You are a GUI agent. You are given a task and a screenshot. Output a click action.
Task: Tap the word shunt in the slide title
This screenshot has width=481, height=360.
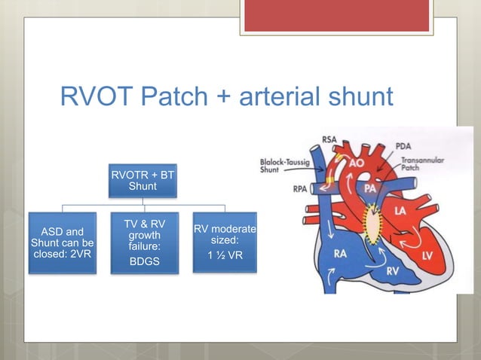[x=357, y=98]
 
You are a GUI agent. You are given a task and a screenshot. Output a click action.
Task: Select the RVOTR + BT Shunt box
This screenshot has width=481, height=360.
[x=142, y=180]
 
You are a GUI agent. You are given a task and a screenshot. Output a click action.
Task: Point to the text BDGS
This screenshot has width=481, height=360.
[x=142, y=261]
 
